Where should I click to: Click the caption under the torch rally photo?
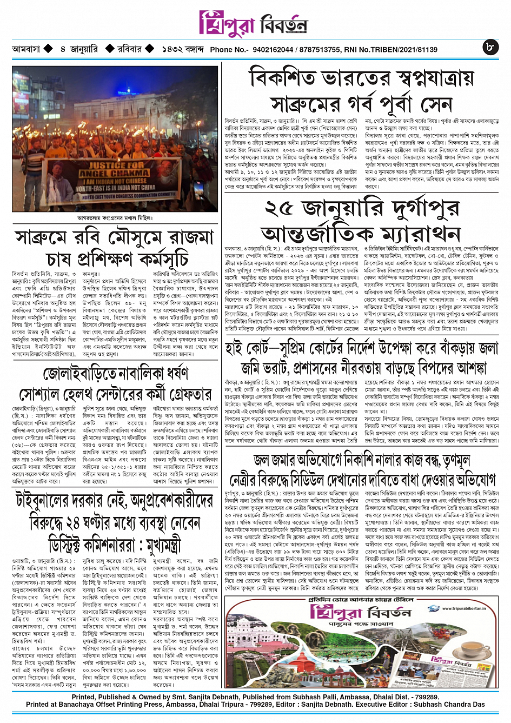(x=115, y=218)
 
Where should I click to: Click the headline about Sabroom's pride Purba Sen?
(x=361, y=90)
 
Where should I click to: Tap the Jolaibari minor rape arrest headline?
(x=115, y=384)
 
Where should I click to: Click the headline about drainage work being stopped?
(x=361, y=469)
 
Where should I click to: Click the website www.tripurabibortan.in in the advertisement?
(x=463, y=608)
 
